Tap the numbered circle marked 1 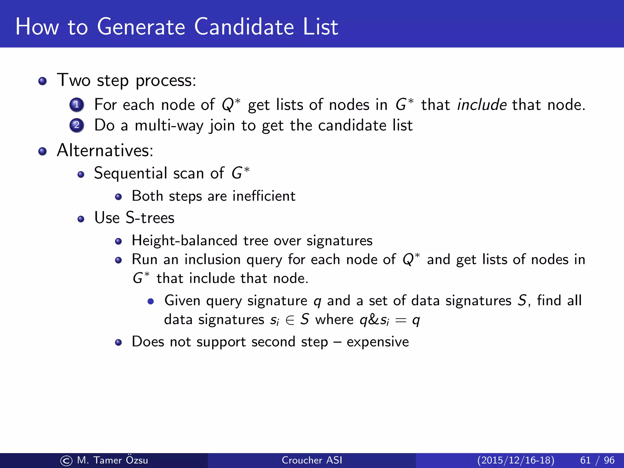pos(76,105)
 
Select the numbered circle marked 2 pos(76,125)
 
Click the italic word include pos(482,105)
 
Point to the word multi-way pos(169,126)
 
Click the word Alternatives pos(105,150)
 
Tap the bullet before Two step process pos(43,81)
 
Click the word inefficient pos(264,196)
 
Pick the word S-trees pos(150,218)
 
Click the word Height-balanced pos(184,241)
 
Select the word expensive pos(378,342)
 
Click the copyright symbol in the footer pos(66,460)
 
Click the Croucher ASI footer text pos(312,460)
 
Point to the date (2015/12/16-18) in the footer pos(516,460)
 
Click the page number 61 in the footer pos(585,460)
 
